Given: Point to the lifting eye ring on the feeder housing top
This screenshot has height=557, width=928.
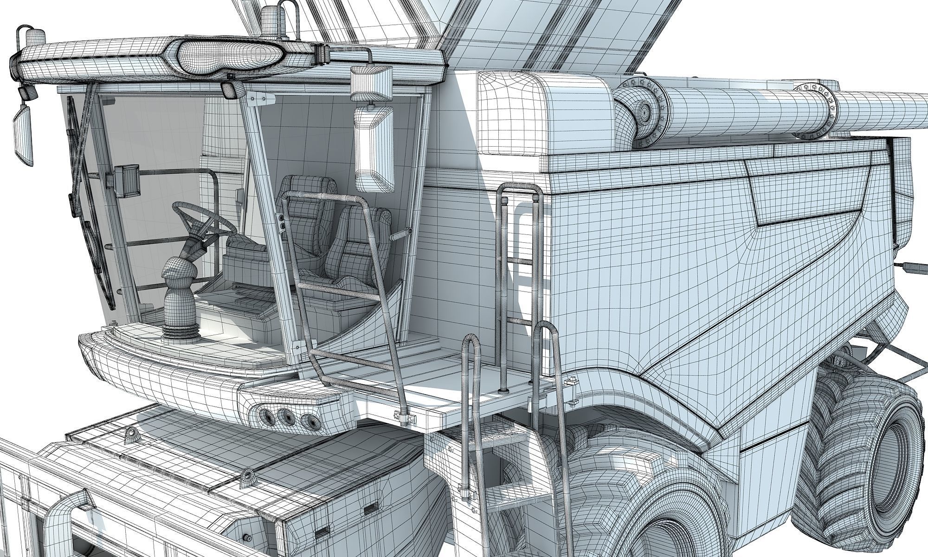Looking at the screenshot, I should click(132, 434).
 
